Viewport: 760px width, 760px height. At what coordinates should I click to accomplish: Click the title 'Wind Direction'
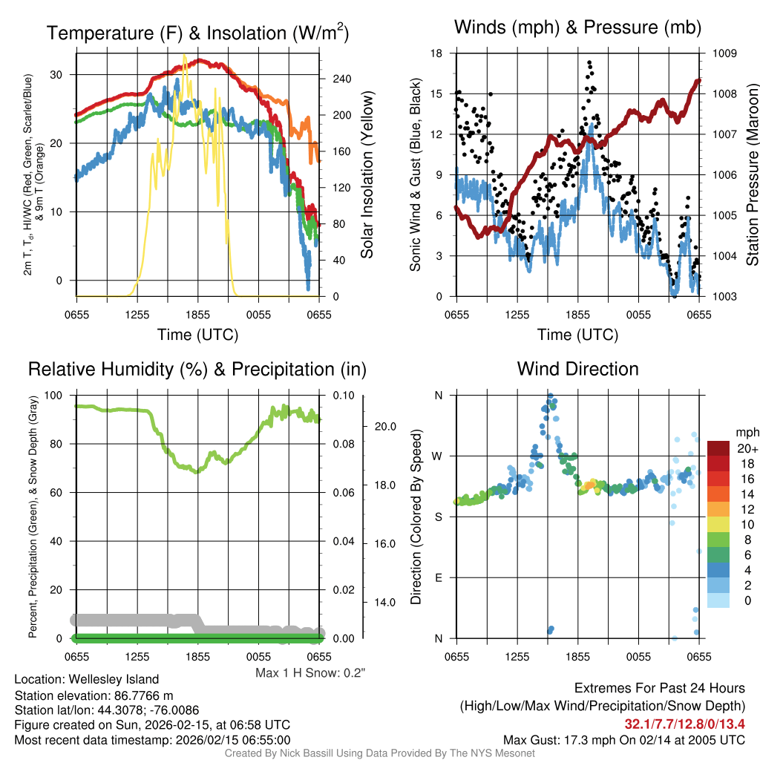pyautogui.click(x=577, y=369)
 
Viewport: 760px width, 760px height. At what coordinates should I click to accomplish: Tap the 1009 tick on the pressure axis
pyautogui.click(x=723, y=53)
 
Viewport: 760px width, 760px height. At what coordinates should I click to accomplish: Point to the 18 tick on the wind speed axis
pyautogui.click(x=436, y=53)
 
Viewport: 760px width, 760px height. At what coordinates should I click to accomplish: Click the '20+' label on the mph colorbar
pyautogui.click(x=746, y=449)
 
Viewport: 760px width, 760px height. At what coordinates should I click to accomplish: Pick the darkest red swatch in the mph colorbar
pyautogui.click(x=718, y=448)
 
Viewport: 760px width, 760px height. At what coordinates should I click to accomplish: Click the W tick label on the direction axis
pyautogui.click(x=438, y=456)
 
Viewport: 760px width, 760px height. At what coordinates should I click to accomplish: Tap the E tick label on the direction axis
pyautogui.click(x=438, y=577)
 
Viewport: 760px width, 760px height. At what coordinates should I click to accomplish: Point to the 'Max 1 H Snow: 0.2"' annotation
pyautogui.click(x=310, y=673)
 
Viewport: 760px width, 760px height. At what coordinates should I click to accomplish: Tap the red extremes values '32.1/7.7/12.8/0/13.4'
pyautogui.click(x=684, y=724)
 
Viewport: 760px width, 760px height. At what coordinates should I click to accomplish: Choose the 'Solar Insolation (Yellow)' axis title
pyautogui.click(x=367, y=175)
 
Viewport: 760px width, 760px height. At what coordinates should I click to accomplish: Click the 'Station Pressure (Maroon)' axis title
pyautogui.click(x=751, y=175)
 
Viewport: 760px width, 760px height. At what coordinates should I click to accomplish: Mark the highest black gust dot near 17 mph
pyautogui.click(x=589, y=63)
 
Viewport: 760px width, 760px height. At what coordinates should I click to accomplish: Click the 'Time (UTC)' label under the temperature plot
pyautogui.click(x=197, y=335)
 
